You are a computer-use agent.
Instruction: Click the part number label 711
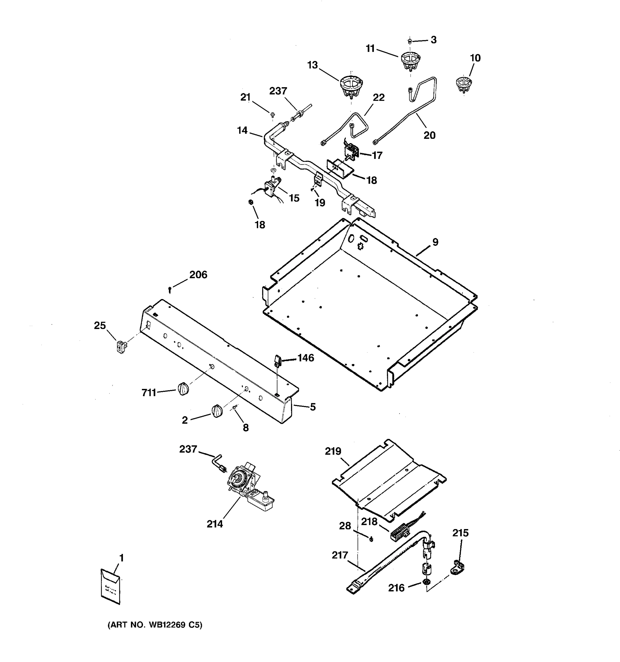[149, 393]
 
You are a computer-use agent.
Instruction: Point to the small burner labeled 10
[464, 84]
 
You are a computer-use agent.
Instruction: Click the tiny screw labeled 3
[409, 41]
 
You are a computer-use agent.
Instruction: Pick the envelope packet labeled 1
[110, 587]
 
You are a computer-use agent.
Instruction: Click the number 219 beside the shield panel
[333, 451]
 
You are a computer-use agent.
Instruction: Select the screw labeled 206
[170, 289]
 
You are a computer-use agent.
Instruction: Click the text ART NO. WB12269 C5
[155, 625]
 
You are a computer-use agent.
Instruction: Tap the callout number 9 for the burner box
[435, 242]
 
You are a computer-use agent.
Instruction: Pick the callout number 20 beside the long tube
[429, 135]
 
